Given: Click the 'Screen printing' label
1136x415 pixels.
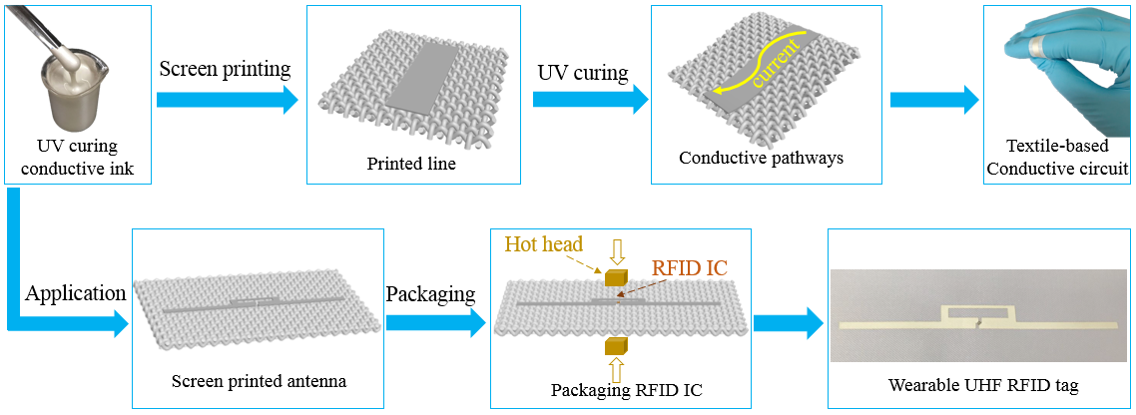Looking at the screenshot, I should coord(225,69).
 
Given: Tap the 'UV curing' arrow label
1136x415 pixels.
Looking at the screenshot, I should coord(583,73).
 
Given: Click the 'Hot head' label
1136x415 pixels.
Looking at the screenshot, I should coord(545,243).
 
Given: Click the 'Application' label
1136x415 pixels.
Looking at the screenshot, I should coord(76,294).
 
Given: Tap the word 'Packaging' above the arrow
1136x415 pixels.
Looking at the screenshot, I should coord(431,294).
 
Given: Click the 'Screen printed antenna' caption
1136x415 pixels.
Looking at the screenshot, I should coord(257,380).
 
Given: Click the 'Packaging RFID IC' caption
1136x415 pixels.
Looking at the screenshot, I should coord(627,389).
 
